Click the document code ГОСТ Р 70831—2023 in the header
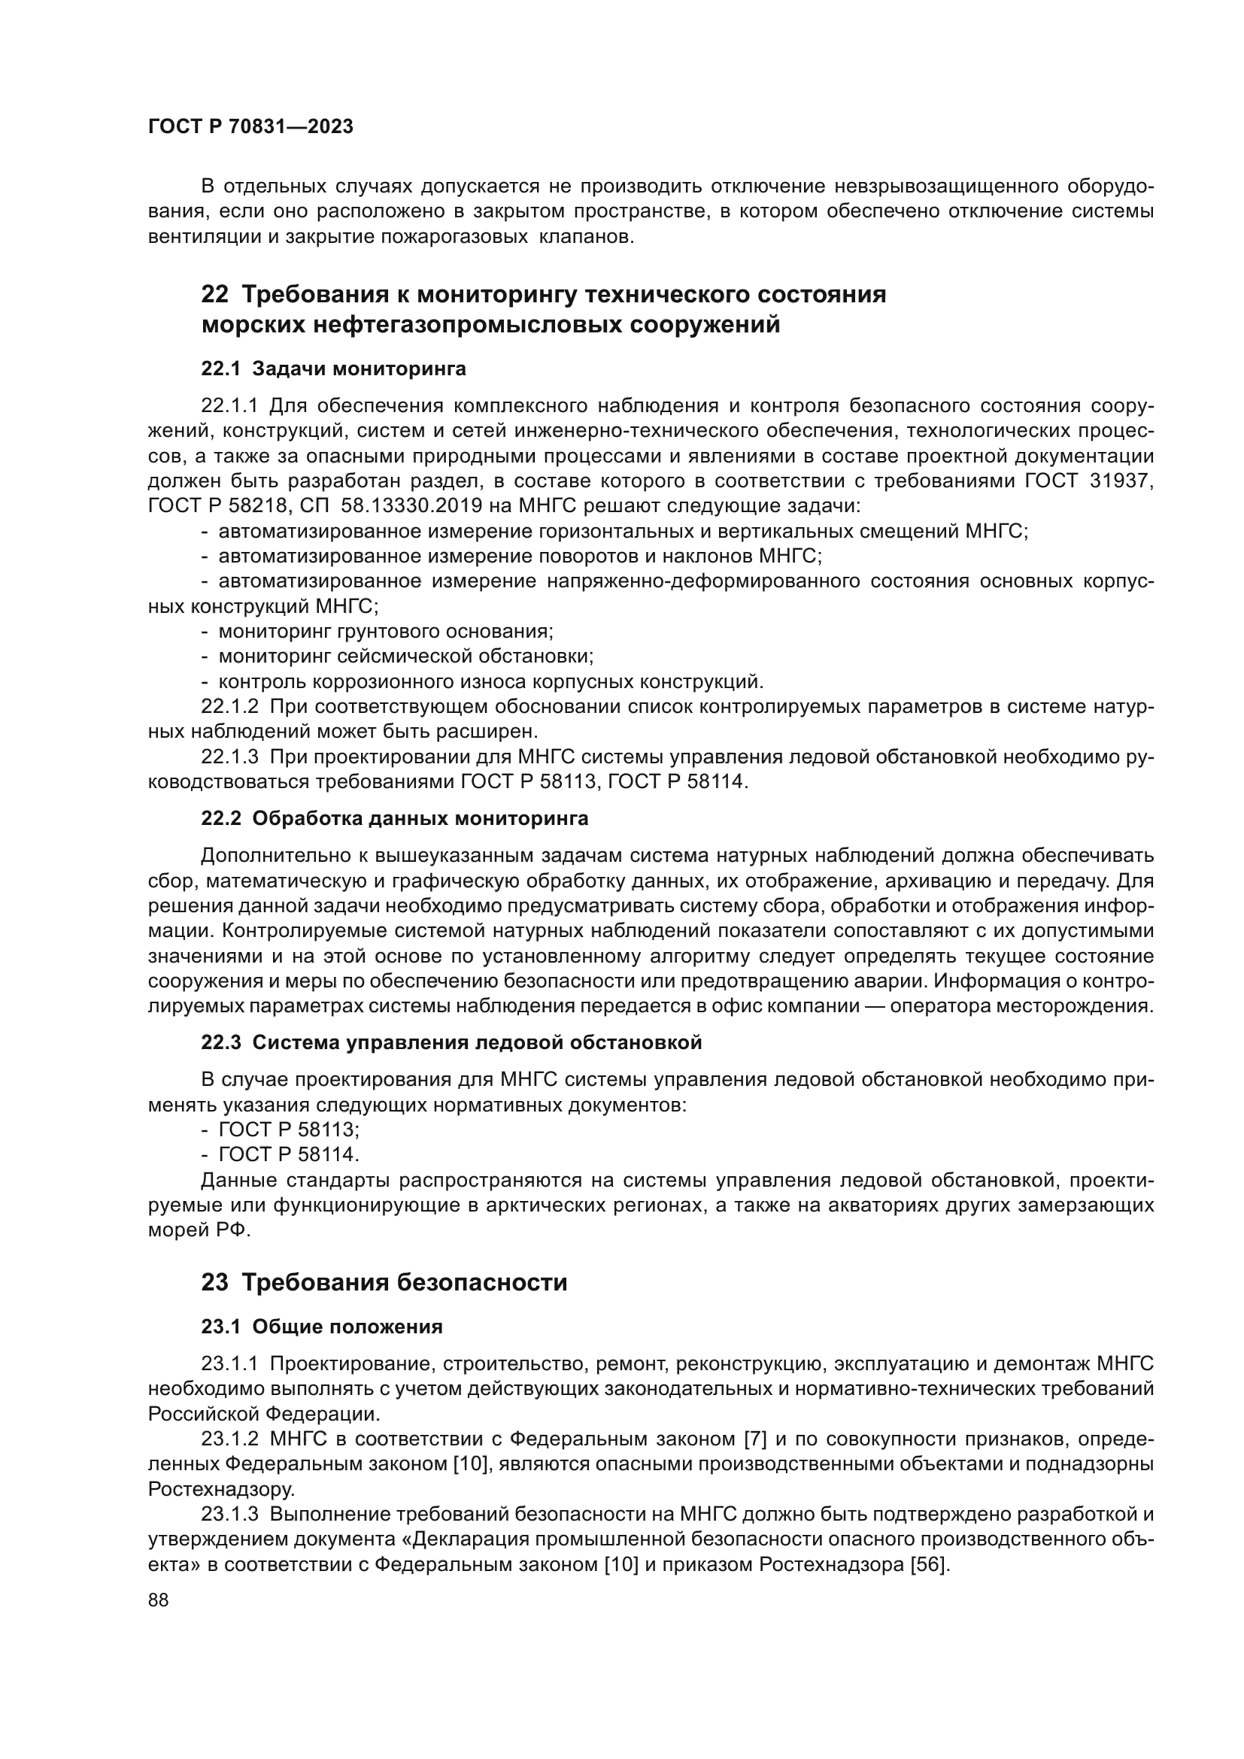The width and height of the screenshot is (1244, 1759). point(250,127)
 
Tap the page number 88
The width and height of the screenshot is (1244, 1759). point(159,1600)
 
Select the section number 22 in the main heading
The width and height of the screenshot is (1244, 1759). point(214,295)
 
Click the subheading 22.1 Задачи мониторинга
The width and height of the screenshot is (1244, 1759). point(333,369)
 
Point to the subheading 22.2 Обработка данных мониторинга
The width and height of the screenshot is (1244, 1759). point(395,819)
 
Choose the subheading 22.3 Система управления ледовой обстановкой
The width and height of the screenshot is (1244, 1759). point(451,1042)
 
